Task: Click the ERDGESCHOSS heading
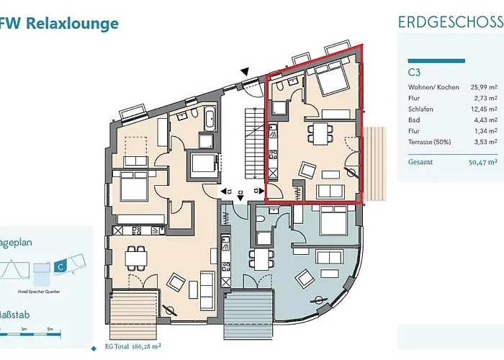[450, 21]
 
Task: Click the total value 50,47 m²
[482, 163]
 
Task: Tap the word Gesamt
[419, 163]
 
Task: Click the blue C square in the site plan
[61, 266]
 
